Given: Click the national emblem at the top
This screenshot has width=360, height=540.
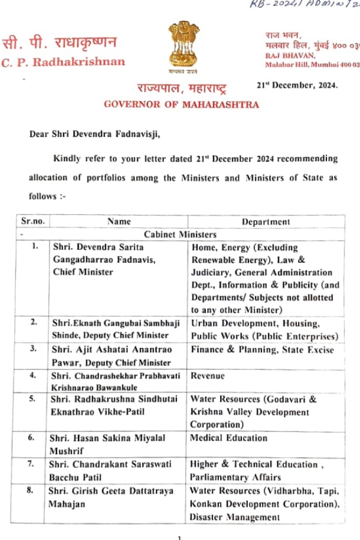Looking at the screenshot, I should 180,47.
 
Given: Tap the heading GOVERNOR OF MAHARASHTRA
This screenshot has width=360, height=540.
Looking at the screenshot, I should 182,104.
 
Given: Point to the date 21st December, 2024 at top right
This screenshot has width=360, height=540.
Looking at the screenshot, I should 297,85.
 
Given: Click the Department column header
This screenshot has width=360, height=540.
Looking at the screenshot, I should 265,221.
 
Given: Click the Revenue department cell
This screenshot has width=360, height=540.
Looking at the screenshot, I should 208,376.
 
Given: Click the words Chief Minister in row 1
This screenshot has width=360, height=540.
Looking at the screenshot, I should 83,272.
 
